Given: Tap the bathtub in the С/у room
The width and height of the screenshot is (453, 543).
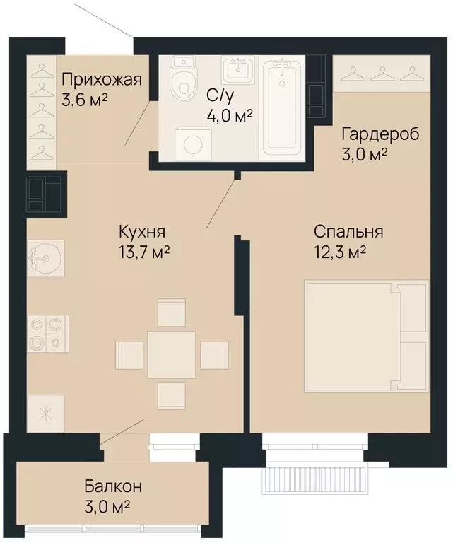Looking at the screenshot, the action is [282, 107].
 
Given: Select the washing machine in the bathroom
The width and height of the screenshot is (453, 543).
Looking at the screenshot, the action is [193, 144].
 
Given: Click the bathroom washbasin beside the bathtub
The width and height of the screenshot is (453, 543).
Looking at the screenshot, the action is [237, 71].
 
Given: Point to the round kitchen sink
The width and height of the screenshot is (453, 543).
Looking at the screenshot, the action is [46, 258].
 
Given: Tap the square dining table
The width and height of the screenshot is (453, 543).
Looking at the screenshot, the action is [172, 354].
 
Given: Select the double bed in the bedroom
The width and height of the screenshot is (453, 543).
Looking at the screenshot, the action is [366, 337].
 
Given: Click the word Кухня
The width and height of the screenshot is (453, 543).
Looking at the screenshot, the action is [142, 232].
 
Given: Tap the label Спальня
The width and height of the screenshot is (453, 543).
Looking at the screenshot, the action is [348, 232].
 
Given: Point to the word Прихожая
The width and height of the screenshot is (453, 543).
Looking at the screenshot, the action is [102, 80].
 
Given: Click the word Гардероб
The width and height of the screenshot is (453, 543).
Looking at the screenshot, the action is [380, 134].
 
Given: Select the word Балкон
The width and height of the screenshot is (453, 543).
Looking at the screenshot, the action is [113, 486].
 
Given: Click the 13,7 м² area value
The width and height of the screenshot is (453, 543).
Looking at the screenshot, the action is [144, 252].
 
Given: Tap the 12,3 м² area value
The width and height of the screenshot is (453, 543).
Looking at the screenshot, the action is [340, 252].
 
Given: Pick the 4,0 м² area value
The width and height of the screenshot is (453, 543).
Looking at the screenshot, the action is [230, 116].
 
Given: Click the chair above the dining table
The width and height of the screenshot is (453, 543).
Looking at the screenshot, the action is [172, 313].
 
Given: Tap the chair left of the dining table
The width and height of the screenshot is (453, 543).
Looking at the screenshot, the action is [129, 355].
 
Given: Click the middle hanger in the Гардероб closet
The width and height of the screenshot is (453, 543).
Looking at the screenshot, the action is [380, 74].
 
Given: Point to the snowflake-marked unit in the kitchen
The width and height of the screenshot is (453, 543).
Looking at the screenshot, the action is [46, 413].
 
